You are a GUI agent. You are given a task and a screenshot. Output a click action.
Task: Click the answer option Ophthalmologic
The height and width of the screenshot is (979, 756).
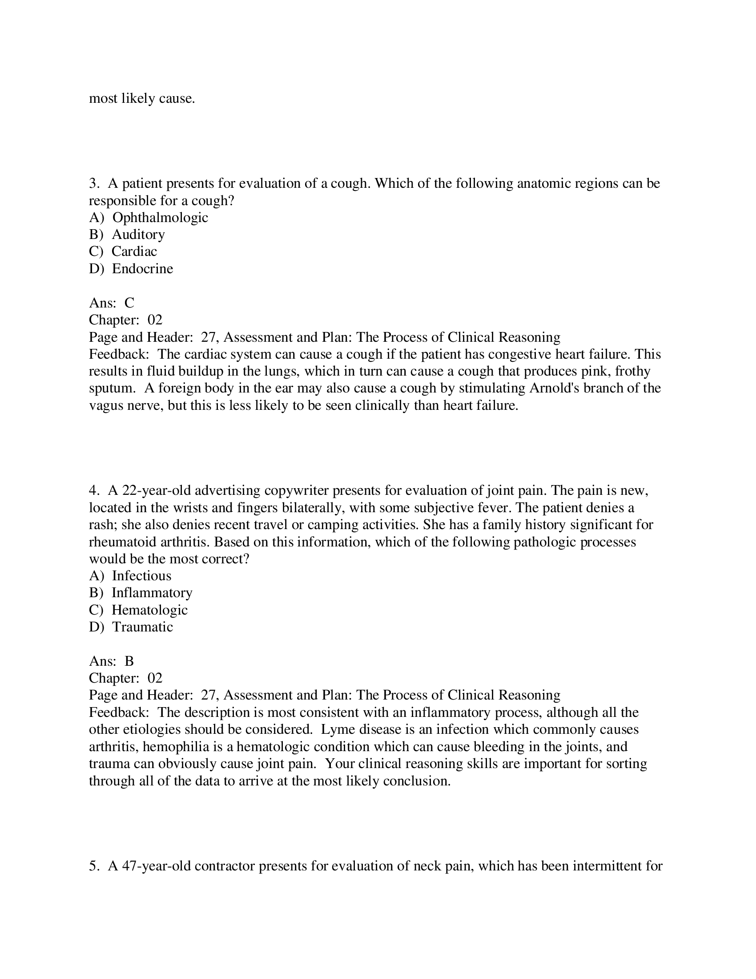tap(160, 218)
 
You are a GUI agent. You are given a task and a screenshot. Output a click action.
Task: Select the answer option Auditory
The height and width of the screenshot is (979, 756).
tap(138, 235)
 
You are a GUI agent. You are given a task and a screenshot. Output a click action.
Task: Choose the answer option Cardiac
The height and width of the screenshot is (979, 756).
tap(134, 251)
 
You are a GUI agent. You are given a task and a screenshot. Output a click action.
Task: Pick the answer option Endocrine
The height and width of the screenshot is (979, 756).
tap(142, 268)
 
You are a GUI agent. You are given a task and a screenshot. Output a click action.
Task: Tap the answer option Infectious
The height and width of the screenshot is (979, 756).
tap(141, 575)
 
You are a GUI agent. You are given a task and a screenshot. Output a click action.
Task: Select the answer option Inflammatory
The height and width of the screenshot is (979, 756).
tap(152, 593)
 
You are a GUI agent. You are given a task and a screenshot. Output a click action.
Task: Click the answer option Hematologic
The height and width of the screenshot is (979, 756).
tap(149, 610)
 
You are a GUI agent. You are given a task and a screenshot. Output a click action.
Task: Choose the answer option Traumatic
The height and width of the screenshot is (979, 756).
tap(142, 627)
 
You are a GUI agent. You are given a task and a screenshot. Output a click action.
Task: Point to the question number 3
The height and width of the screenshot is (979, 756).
tap(93, 183)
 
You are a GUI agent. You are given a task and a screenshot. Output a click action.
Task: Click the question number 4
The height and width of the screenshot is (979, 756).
tap(93, 490)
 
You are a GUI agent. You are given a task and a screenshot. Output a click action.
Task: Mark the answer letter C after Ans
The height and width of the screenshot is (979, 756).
tap(129, 303)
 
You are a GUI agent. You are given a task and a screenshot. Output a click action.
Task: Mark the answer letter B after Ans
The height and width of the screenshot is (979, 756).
tap(129, 661)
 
